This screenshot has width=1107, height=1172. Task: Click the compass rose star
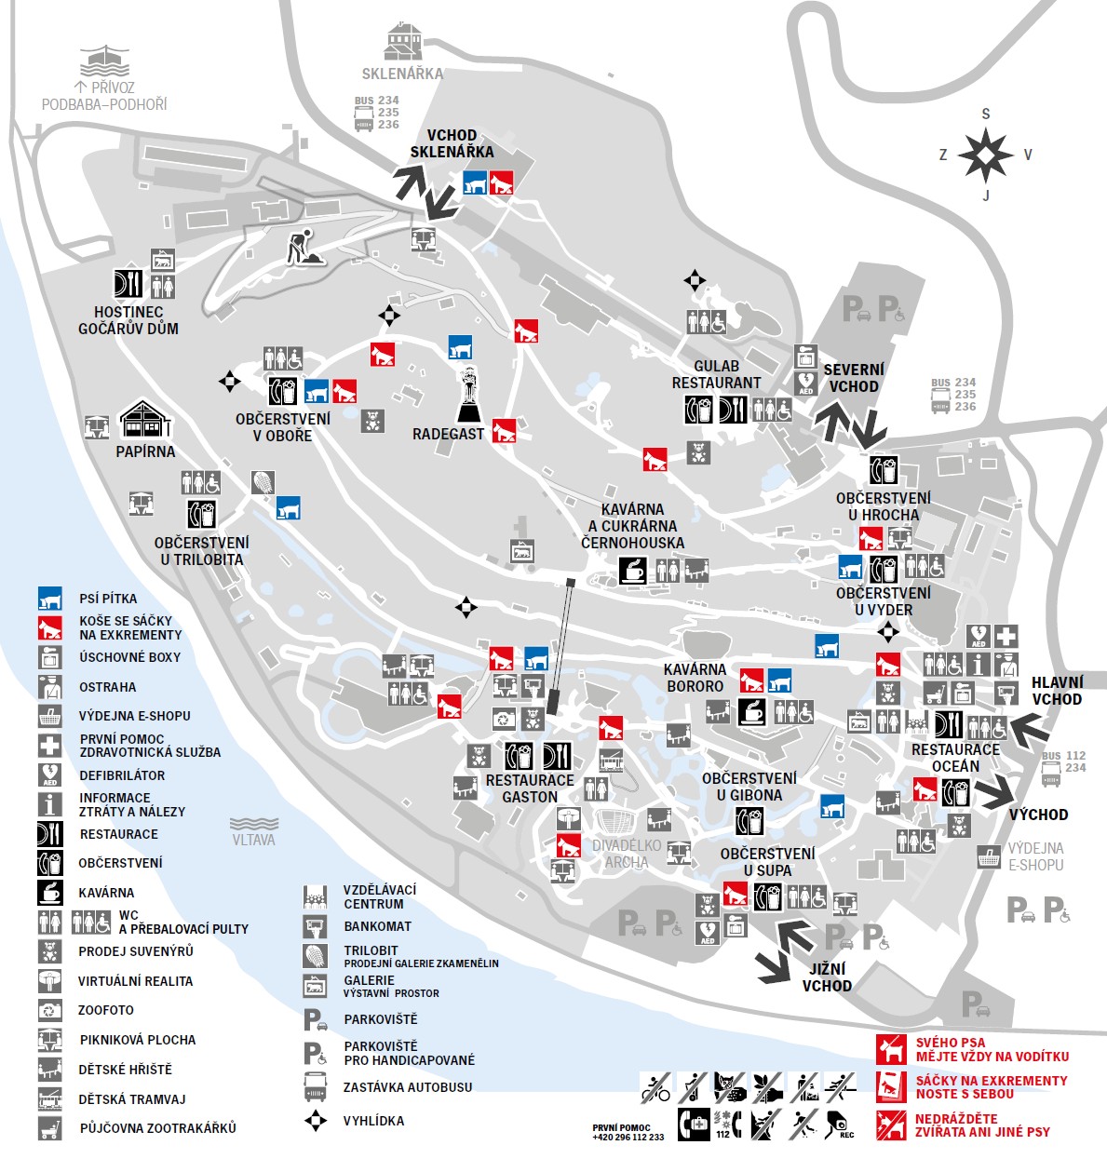coord(985,155)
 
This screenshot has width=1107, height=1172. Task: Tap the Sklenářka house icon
coord(403,43)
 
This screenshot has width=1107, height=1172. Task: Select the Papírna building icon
coord(145,420)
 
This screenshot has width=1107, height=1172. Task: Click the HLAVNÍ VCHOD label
coord(1056,691)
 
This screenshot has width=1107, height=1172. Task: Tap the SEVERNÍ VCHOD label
coord(853,378)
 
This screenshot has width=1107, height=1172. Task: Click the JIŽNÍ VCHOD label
coord(827,977)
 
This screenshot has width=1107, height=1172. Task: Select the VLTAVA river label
coord(253,839)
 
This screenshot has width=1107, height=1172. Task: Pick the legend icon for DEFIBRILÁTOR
coord(49,775)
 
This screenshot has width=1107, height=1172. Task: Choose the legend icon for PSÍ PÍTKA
coord(49,599)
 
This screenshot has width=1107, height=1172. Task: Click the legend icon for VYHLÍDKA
coord(316,1120)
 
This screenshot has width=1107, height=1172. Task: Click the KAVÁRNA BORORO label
coord(695,678)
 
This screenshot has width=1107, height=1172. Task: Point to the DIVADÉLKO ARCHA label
coord(627,854)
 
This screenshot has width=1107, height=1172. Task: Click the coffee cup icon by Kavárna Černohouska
coord(632,570)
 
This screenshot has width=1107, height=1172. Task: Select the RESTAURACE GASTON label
coord(530,788)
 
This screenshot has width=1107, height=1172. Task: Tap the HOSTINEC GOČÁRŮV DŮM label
coord(128,320)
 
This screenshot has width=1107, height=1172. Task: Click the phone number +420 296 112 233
coord(628,1137)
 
